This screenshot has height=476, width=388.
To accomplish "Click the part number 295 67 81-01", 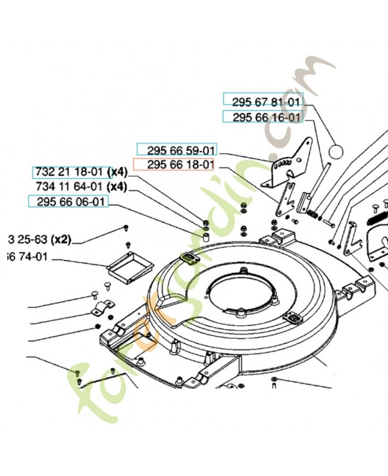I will click(x=263, y=101).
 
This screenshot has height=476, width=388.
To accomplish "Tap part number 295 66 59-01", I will click(x=177, y=149).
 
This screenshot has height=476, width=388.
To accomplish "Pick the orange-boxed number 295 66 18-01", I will click(x=173, y=165).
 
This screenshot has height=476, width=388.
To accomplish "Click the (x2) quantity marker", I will click(x=61, y=240).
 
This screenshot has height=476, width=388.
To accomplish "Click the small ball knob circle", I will click(x=336, y=151).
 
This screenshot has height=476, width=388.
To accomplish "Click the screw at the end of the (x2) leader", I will click(x=127, y=227).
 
